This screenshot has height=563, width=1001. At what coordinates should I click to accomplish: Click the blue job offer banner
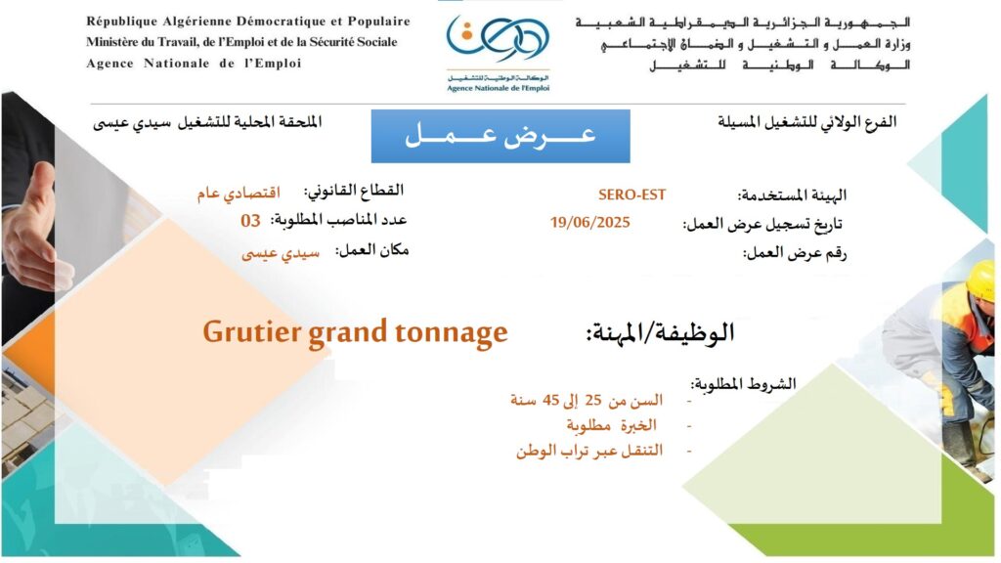(x=500, y=136)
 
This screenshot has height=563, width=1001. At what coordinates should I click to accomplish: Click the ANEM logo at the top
(x=498, y=53)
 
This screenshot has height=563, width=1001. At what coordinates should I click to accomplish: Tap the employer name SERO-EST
(x=631, y=195)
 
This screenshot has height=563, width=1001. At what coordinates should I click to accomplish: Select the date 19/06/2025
(x=589, y=222)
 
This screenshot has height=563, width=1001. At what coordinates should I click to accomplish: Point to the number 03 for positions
(x=250, y=221)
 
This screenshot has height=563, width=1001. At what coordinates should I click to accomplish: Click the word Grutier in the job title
(x=252, y=333)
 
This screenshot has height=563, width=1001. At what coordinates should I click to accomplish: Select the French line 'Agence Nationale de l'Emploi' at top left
(x=194, y=64)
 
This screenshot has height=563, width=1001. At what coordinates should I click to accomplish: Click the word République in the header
(x=121, y=22)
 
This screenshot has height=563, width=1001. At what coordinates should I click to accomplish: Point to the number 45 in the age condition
(x=550, y=400)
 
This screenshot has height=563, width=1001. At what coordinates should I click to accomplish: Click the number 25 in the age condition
(x=593, y=400)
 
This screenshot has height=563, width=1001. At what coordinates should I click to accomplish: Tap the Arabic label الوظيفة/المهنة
(x=660, y=332)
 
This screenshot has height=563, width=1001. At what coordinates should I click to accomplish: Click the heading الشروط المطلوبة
(x=743, y=383)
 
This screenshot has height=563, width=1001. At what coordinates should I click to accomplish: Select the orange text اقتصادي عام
(x=239, y=193)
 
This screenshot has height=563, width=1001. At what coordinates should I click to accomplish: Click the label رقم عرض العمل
(x=794, y=253)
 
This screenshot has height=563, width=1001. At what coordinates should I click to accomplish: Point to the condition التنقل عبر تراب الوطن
(x=589, y=451)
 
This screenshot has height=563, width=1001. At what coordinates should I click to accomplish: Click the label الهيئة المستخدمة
(x=792, y=195)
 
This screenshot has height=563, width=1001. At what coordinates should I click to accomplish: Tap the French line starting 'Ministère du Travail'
(x=242, y=42)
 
